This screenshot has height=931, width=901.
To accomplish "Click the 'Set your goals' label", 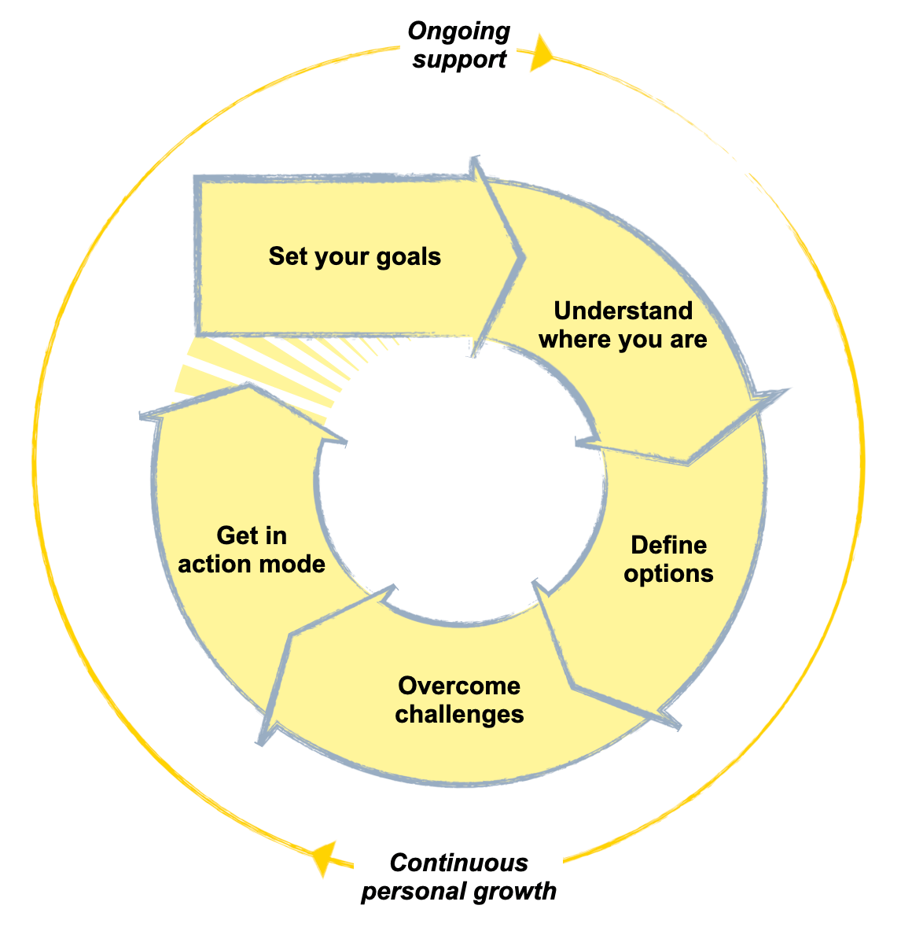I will coord(355,256).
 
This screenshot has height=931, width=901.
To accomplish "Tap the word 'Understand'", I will coord(623,311).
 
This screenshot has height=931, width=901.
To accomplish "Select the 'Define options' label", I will coord(668,559).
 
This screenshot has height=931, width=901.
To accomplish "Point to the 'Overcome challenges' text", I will coord(459,700).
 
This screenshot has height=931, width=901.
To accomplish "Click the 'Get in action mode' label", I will coord(252,550).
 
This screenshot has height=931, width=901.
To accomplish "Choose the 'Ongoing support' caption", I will coord(459,46).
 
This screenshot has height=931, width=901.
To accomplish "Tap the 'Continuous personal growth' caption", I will coord(459,877).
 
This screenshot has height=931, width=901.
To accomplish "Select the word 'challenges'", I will coord(459,714).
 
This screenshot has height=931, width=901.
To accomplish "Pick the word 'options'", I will coord(668,573).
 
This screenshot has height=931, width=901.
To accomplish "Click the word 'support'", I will coord(459,60).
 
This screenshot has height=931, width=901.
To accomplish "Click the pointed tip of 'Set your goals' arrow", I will coord(520,256).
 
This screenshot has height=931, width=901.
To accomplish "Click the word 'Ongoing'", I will coord(459,31).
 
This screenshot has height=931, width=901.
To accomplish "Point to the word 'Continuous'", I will coord(459,863).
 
